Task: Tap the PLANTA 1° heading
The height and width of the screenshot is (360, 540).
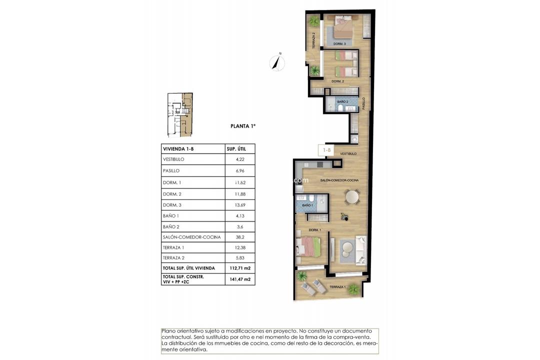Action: [x=243, y=126]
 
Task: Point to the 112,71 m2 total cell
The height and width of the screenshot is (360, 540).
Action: [x=240, y=268]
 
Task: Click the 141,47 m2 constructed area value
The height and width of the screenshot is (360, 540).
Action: [x=240, y=279]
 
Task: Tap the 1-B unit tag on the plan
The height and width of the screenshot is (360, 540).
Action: [x=327, y=149]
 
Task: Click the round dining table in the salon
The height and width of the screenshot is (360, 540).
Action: [x=352, y=198]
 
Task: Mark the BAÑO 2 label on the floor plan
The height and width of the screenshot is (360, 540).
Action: [x=342, y=101]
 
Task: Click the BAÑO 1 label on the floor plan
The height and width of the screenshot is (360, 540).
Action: [x=307, y=205]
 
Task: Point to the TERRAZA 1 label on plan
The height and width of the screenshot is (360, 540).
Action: [x=337, y=287]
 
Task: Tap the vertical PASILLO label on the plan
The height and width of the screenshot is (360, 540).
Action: [x=364, y=103]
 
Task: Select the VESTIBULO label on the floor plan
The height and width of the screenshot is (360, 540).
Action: [x=348, y=153]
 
